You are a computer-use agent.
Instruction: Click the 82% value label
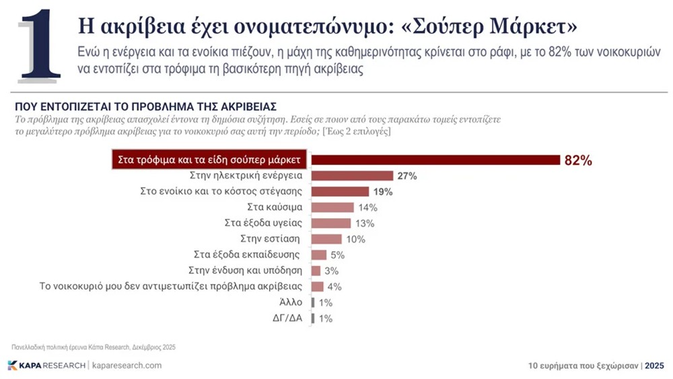point(578,160)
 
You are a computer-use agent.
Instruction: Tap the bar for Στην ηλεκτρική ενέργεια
point(352,176)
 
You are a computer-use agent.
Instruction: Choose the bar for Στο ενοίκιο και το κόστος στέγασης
point(340,192)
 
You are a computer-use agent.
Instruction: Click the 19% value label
point(383,192)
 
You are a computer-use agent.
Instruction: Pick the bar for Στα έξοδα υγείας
point(331,223)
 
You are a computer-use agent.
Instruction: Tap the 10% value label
point(356,239)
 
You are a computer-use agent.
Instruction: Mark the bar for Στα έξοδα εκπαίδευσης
point(319,255)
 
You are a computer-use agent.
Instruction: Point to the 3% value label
point(331,271)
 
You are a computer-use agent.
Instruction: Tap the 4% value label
point(334,287)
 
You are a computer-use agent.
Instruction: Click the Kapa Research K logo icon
point(13,365)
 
